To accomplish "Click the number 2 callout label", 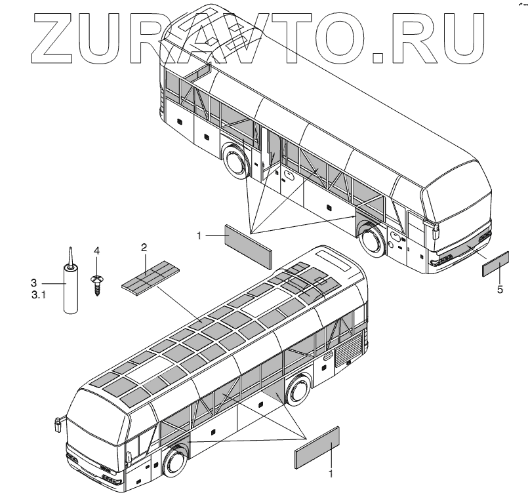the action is [144, 247].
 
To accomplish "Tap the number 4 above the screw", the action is [96, 250].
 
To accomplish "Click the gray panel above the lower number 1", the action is [317, 448].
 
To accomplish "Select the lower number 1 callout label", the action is [331, 471].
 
